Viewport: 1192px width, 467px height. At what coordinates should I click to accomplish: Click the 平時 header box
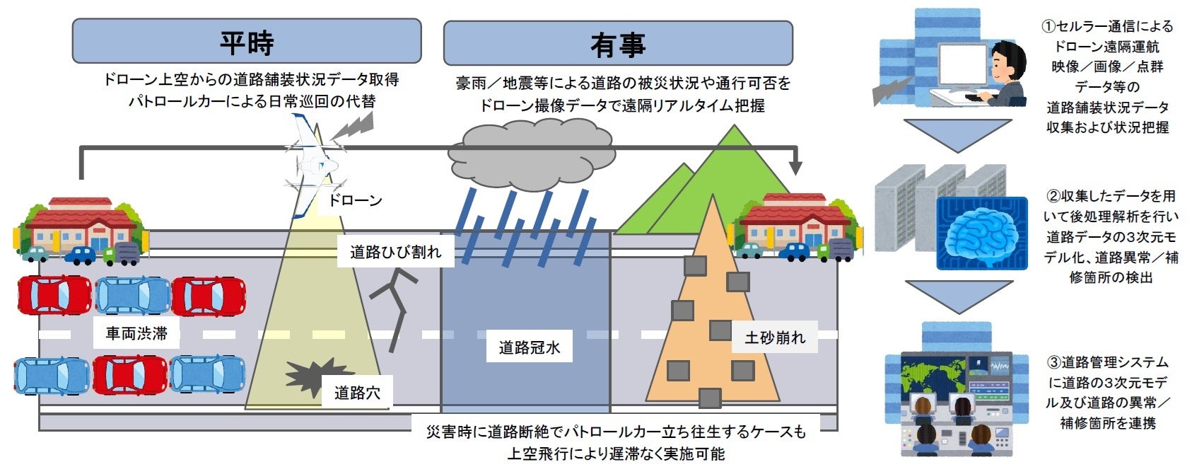pyautogui.click(x=246, y=42)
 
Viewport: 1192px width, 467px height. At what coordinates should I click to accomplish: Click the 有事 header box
pyautogui.click(x=617, y=43)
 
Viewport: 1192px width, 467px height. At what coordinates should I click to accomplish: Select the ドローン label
pyautogui.click(x=354, y=201)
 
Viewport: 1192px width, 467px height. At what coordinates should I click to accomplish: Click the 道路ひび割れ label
pyautogui.click(x=395, y=253)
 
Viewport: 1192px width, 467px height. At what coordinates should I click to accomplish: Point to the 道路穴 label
pyautogui.click(x=357, y=393)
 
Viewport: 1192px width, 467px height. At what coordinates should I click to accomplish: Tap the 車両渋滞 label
pyautogui.click(x=136, y=333)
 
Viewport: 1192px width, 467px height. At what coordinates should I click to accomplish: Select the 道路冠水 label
pyautogui.click(x=529, y=347)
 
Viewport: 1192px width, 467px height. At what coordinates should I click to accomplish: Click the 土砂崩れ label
pyautogui.click(x=774, y=338)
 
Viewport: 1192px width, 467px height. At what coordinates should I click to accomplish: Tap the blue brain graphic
pyautogui.click(x=981, y=234)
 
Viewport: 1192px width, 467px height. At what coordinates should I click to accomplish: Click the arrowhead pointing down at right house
pyautogui.click(x=795, y=168)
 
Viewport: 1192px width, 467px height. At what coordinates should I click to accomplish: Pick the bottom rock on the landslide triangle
pyautogui.click(x=709, y=398)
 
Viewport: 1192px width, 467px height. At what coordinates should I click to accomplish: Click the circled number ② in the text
pyautogui.click(x=1053, y=196)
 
